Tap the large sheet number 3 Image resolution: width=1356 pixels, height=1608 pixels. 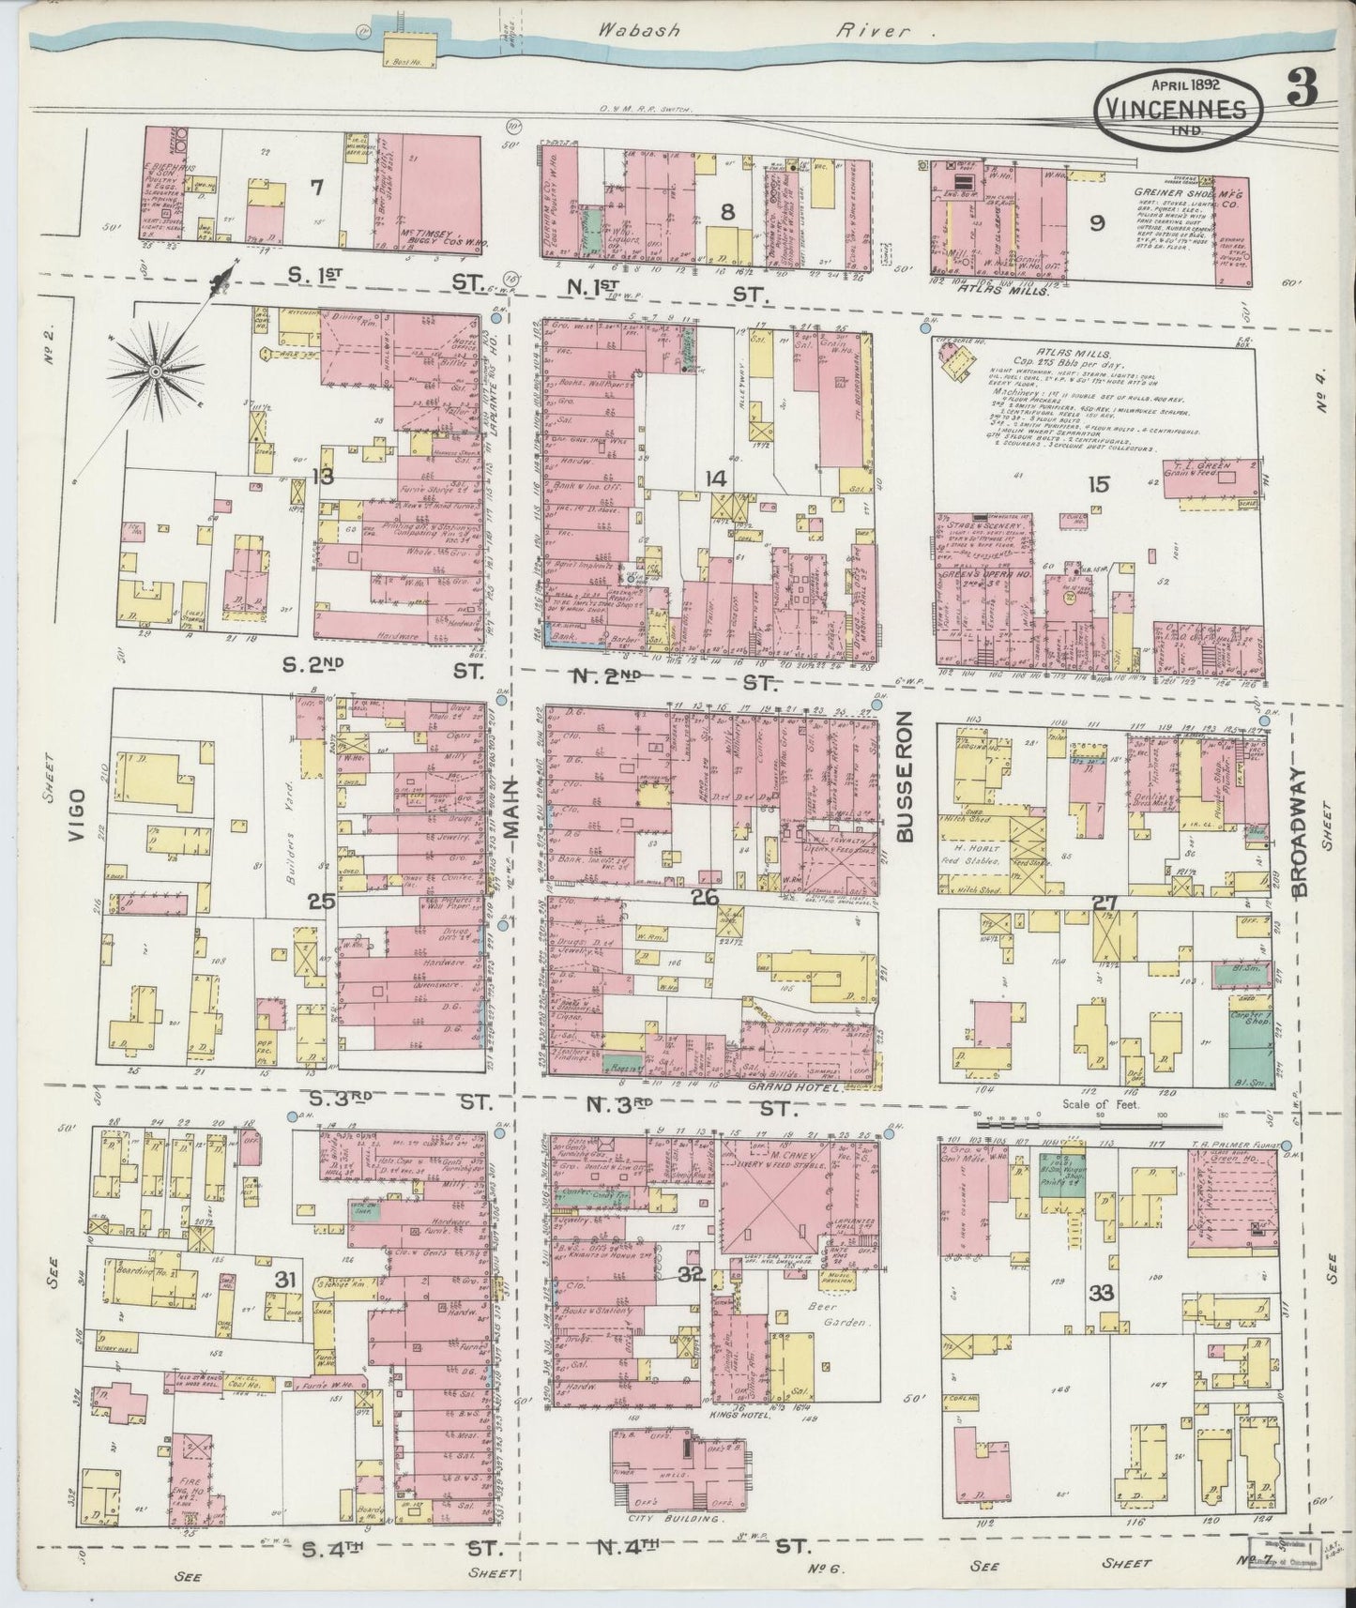point(1302,89)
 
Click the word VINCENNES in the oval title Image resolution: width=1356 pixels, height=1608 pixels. point(1177,109)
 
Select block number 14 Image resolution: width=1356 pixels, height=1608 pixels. point(716,478)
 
